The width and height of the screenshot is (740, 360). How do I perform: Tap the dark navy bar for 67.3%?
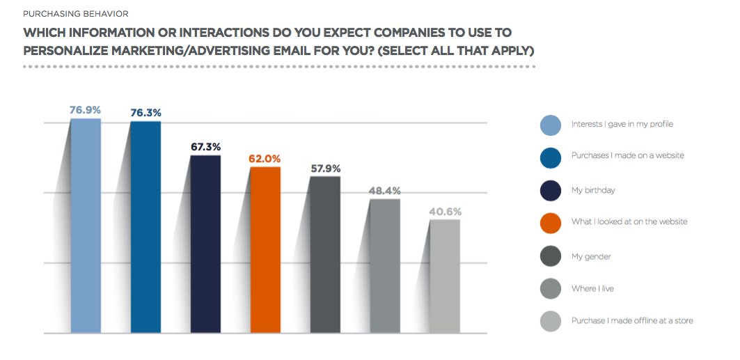tap(205, 243)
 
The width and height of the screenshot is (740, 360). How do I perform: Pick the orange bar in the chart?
tap(265, 249)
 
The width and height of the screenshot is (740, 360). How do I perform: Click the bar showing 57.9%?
tap(325, 254)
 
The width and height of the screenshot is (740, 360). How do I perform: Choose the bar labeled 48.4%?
tap(385, 265)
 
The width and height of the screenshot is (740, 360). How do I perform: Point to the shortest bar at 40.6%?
tap(445, 276)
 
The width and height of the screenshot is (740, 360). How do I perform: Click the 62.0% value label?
tap(265, 159)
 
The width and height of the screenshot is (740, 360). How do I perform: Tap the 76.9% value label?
tap(86, 110)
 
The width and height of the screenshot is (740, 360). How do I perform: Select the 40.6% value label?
tap(446, 212)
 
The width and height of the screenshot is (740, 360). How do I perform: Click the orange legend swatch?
tap(551, 222)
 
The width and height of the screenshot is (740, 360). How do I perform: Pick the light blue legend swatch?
tap(551, 125)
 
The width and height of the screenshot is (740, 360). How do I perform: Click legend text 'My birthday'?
tap(593, 189)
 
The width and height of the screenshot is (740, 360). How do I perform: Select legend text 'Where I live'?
tap(592, 288)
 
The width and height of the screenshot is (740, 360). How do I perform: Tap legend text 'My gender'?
tap(592, 256)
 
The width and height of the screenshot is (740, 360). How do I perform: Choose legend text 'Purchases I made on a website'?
tap(627, 155)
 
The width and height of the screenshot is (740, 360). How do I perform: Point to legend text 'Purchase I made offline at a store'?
tap(631, 321)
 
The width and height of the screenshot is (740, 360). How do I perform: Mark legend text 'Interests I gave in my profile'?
tap(622, 124)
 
